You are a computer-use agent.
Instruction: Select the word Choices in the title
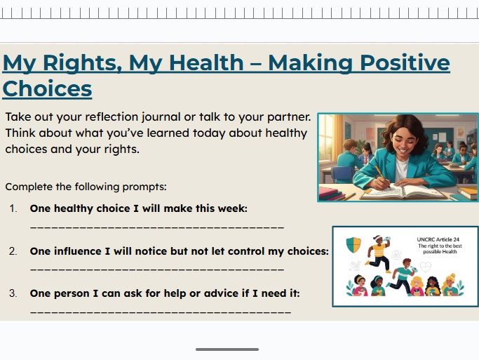click(x=47, y=89)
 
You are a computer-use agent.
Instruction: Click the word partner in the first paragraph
click(x=287, y=116)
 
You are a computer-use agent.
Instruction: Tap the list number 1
click(x=13, y=208)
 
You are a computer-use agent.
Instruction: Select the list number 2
click(x=13, y=251)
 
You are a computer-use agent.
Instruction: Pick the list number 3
click(x=13, y=293)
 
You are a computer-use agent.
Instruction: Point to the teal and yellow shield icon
click(x=354, y=244)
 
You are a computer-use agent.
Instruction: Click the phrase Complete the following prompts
click(x=86, y=187)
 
